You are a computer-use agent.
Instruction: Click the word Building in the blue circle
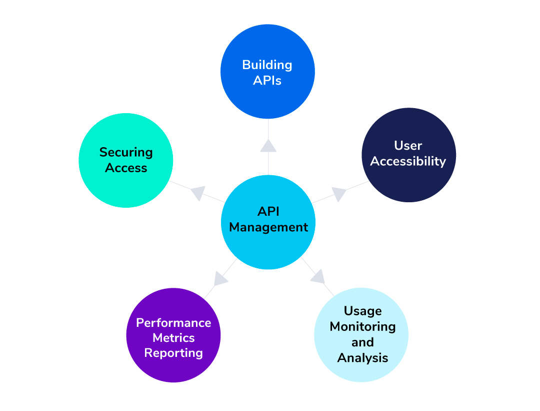pos(267,65)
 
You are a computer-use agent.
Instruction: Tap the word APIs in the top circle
pos(267,81)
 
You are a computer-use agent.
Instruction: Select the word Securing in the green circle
pos(126,152)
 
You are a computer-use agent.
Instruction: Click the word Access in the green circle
pos(126,168)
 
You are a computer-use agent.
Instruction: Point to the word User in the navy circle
pos(408,146)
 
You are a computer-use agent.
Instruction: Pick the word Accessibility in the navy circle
pos(408,162)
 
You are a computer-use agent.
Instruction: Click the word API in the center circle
pos(268,211)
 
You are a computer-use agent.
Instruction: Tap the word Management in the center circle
pos(268,227)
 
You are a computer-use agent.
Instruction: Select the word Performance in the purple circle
pos(173,322)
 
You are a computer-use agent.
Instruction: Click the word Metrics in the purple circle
pos(173,338)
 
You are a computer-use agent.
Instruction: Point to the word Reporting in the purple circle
pos(173,353)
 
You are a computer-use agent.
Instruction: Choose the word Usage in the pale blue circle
pos(362,311)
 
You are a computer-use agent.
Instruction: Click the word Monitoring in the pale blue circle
pos(362,327)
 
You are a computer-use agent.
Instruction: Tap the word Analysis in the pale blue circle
pos(362,358)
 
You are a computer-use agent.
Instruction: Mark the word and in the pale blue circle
pos(362,342)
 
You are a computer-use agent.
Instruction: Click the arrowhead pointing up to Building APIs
pos(268,146)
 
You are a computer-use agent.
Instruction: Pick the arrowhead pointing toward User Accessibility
pos(338,194)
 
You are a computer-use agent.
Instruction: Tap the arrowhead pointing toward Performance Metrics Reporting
pos(220,278)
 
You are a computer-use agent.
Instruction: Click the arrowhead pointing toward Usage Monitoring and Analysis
pos(318,277)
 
